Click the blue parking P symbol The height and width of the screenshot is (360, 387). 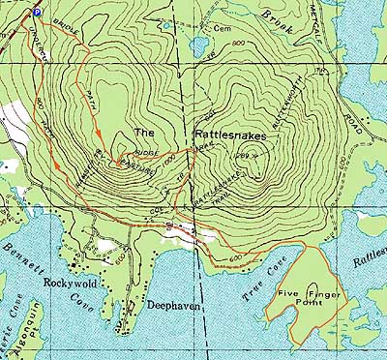37,12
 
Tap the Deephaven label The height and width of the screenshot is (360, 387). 170,304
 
